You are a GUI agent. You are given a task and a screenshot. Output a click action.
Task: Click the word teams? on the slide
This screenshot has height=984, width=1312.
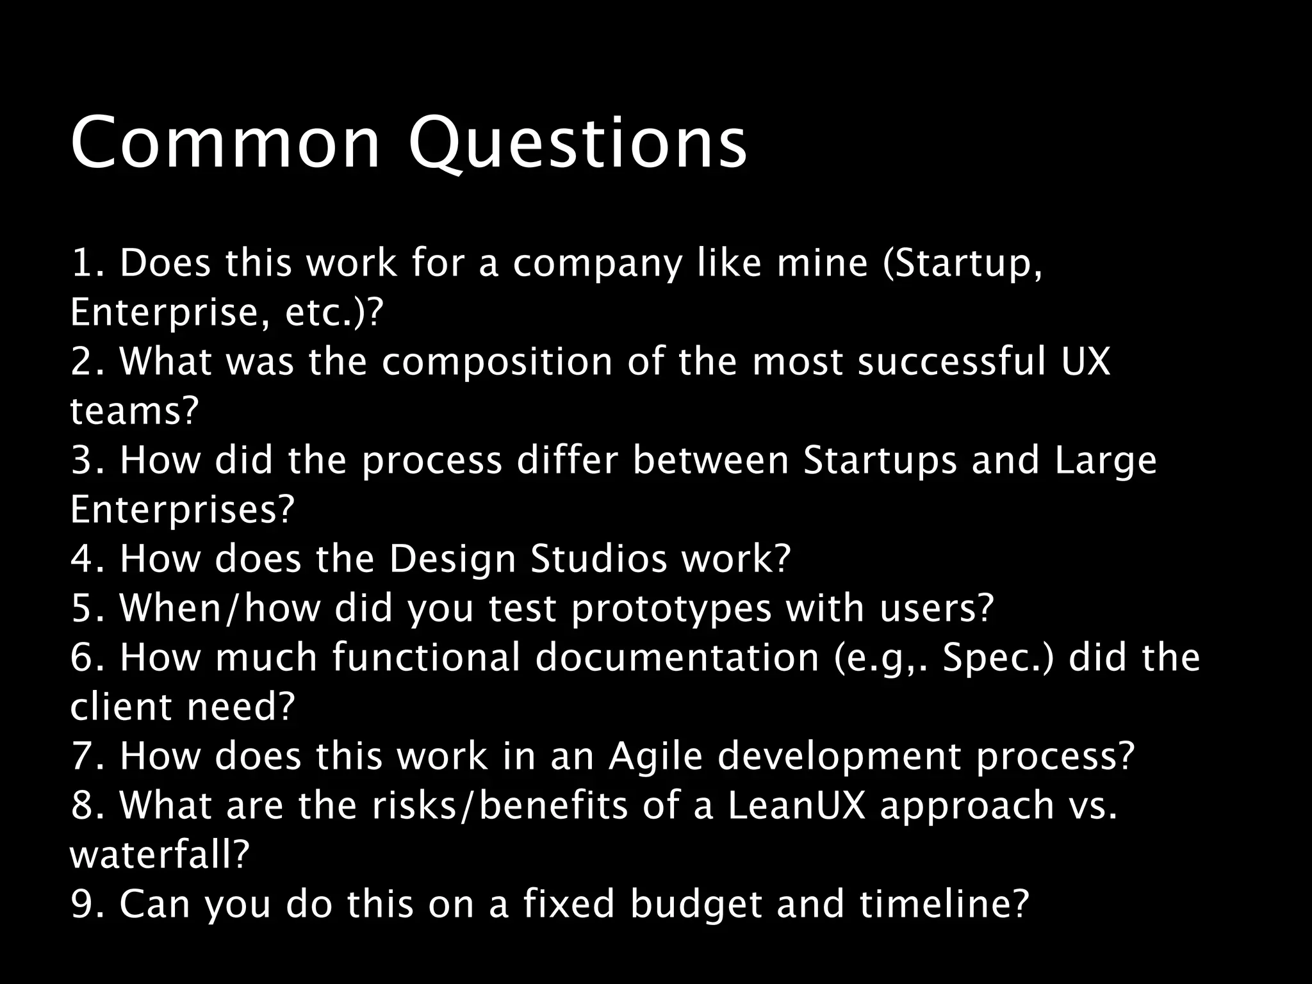pos(135,411)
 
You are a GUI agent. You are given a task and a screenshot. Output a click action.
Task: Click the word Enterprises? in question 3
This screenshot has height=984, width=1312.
pos(182,510)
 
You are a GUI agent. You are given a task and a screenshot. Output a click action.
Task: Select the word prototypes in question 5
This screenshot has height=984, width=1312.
pos(671,609)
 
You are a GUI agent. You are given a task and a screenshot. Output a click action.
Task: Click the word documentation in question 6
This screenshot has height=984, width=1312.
pos(677,658)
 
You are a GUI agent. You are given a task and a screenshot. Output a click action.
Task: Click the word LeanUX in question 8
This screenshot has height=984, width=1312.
pos(796,806)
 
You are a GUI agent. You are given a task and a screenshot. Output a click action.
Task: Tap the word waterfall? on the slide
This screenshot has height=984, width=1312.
pos(159,855)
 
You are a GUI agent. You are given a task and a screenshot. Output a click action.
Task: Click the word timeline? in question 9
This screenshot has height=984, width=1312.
pos(944,905)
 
